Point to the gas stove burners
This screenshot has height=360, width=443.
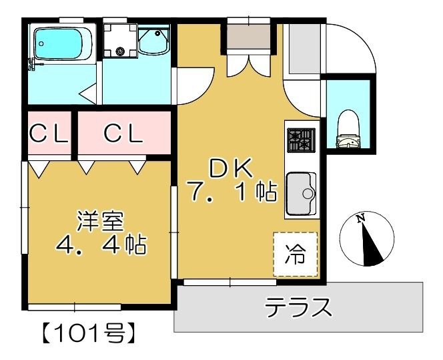[300, 140]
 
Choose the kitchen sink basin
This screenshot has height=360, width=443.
[302, 194]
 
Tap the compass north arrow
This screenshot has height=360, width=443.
[368, 244]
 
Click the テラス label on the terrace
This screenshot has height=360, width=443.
[298, 308]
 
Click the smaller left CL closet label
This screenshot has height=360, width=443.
[49, 134]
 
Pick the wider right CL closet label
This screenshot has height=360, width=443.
[123, 134]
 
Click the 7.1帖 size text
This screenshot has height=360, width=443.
[233, 193]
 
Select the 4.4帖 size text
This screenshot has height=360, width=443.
[101, 245]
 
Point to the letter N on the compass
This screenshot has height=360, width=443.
[361, 218]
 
